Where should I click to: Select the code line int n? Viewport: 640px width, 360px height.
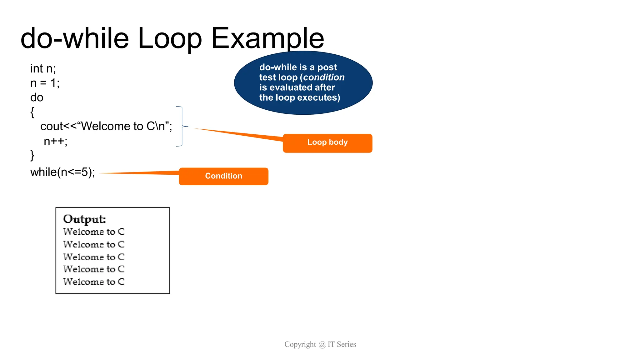tap(43, 69)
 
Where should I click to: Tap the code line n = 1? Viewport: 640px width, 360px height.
tap(45, 83)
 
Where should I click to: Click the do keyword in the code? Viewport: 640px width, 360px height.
tap(37, 97)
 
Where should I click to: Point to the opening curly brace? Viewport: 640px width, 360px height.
tap(32, 112)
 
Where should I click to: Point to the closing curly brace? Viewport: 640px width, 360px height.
tap(32, 155)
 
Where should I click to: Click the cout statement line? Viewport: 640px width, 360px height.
tap(106, 126)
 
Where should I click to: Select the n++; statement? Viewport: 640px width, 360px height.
tap(55, 141)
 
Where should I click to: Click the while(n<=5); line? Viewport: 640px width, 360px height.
tap(62, 172)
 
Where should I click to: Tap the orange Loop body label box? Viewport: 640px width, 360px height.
tap(327, 143)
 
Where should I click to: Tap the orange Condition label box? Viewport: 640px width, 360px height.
tap(223, 176)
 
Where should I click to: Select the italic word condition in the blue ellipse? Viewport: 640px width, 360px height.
tap(324, 77)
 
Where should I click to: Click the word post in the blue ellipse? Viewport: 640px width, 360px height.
tap(327, 67)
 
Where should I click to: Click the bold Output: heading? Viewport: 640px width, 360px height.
tap(84, 219)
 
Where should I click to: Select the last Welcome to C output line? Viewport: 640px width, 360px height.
tap(94, 282)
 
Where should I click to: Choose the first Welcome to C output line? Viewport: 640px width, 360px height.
tap(94, 232)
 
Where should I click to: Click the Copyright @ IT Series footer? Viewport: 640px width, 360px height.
tap(320, 344)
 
